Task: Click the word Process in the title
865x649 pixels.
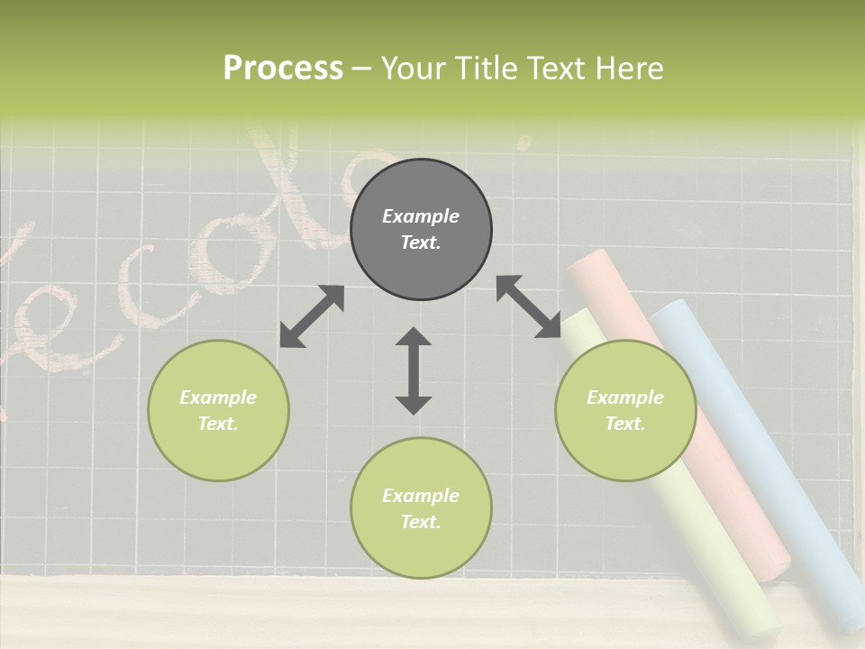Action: click(283, 69)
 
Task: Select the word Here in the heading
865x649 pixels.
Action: click(631, 69)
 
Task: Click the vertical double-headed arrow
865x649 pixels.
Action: click(414, 370)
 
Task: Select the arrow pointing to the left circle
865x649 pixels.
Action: click(312, 316)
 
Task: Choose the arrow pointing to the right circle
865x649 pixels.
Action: click(528, 306)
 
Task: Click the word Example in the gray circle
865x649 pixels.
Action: click(421, 216)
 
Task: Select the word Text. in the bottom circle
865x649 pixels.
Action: click(421, 522)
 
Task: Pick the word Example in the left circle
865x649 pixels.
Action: click(218, 398)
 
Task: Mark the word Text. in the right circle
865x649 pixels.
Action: click(625, 424)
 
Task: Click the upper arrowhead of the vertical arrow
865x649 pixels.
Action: click(414, 338)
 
